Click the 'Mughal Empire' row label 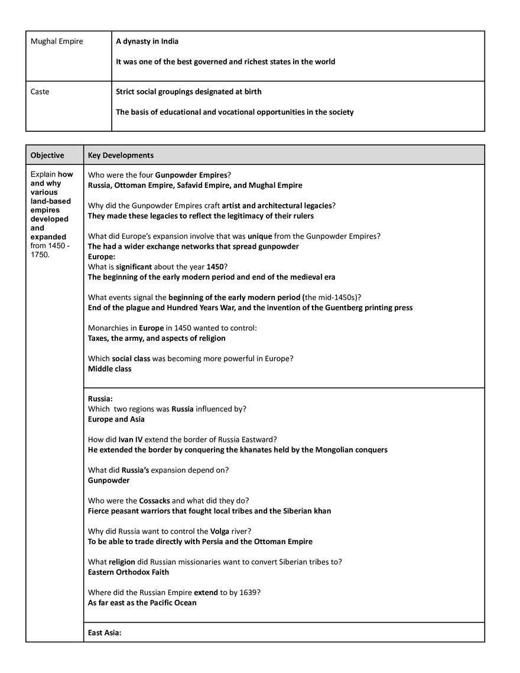click(x=57, y=41)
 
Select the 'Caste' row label click(x=40, y=92)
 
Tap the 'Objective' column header click(x=47, y=155)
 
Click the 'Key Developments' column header click(x=121, y=155)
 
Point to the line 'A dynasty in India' click(x=147, y=41)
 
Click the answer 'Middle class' click(x=110, y=369)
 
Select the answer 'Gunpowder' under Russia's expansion click(x=109, y=480)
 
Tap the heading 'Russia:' click(x=100, y=399)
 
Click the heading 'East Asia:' click(x=105, y=633)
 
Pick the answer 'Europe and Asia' click(x=116, y=419)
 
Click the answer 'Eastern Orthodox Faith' click(x=128, y=572)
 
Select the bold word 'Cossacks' click(x=155, y=500)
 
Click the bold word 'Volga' click(x=220, y=531)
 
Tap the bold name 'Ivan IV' click(x=132, y=439)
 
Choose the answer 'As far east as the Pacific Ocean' click(x=142, y=603)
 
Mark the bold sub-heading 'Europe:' click(x=102, y=256)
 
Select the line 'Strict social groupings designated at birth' click(x=188, y=92)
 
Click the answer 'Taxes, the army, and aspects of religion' click(x=157, y=338)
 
